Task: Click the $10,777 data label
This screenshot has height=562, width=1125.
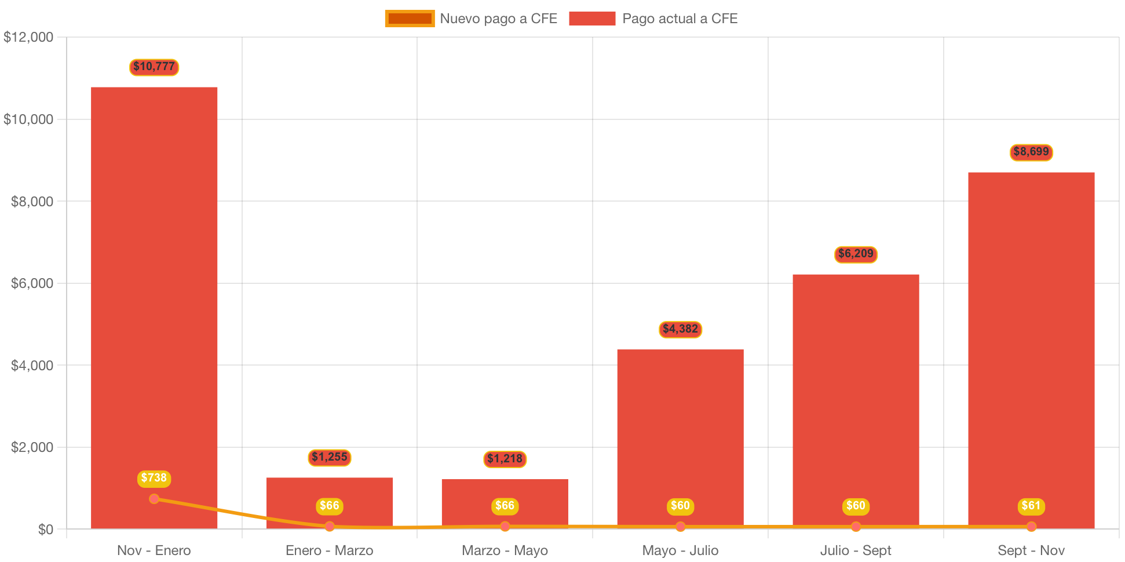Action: [x=154, y=67]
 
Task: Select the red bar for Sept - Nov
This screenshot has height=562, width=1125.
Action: [x=1031, y=348]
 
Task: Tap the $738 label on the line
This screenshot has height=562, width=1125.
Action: [x=154, y=478]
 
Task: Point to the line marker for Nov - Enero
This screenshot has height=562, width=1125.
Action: [x=154, y=499]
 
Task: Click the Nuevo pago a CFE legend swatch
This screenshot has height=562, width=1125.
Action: [x=410, y=19]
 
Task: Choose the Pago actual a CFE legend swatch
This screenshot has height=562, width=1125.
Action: [x=592, y=19]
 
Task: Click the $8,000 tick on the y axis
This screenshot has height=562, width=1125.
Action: [x=32, y=202]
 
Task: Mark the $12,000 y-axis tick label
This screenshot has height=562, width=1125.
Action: [x=28, y=37]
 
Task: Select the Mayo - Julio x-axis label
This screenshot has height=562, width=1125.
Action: [x=680, y=550]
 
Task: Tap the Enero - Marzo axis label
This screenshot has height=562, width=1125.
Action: [x=329, y=550]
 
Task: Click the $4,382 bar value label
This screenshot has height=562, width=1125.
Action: [x=680, y=329]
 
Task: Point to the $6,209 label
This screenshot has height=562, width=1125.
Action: [x=856, y=254]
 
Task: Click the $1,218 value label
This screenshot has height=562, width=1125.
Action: [x=505, y=459]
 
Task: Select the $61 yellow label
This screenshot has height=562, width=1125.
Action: [x=1031, y=506]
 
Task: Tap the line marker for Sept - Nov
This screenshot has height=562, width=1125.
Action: [x=1031, y=527]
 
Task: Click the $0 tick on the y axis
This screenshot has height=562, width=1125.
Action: [x=45, y=530]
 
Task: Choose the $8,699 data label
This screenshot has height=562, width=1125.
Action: [x=1031, y=152]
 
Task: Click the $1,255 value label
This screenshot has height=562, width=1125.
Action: [x=329, y=457]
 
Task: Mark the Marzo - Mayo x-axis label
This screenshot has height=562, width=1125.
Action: [x=505, y=550]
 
